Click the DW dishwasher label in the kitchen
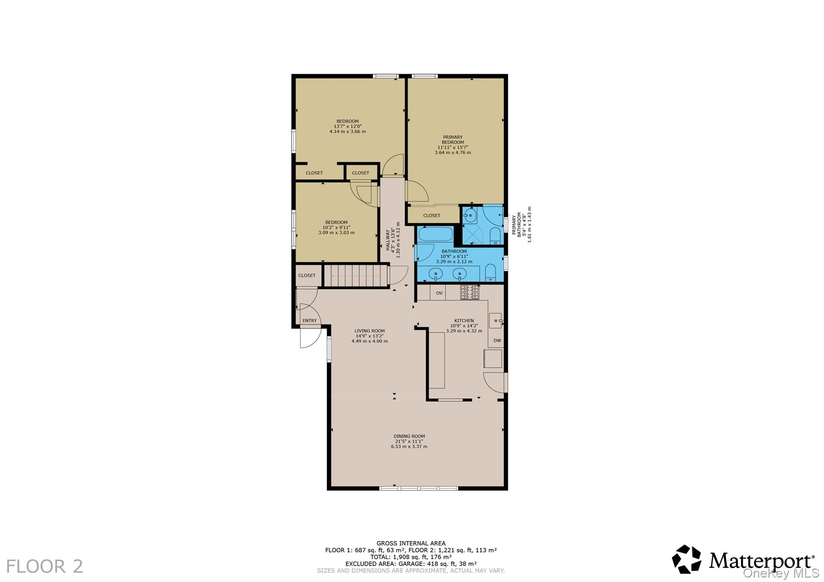click(x=497, y=340)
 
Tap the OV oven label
click(x=439, y=293)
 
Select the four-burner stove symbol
click(x=470, y=292)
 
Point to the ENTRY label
click(x=309, y=321)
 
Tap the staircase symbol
click(x=356, y=276)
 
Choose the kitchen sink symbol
click(x=496, y=321)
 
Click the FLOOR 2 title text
click(x=45, y=566)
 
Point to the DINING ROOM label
click(x=409, y=436)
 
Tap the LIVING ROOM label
click(x=370, y=331)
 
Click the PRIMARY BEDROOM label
click(x=453, y=140)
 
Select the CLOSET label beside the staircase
click(x=307, y=276)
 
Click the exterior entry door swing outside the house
click(x=310, y=338)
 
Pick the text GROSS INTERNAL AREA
click(x=411, y=543)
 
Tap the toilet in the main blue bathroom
click(x=490, y=273)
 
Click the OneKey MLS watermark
click(x=781, y=573)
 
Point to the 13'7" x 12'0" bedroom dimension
click(x=348, y=126)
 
